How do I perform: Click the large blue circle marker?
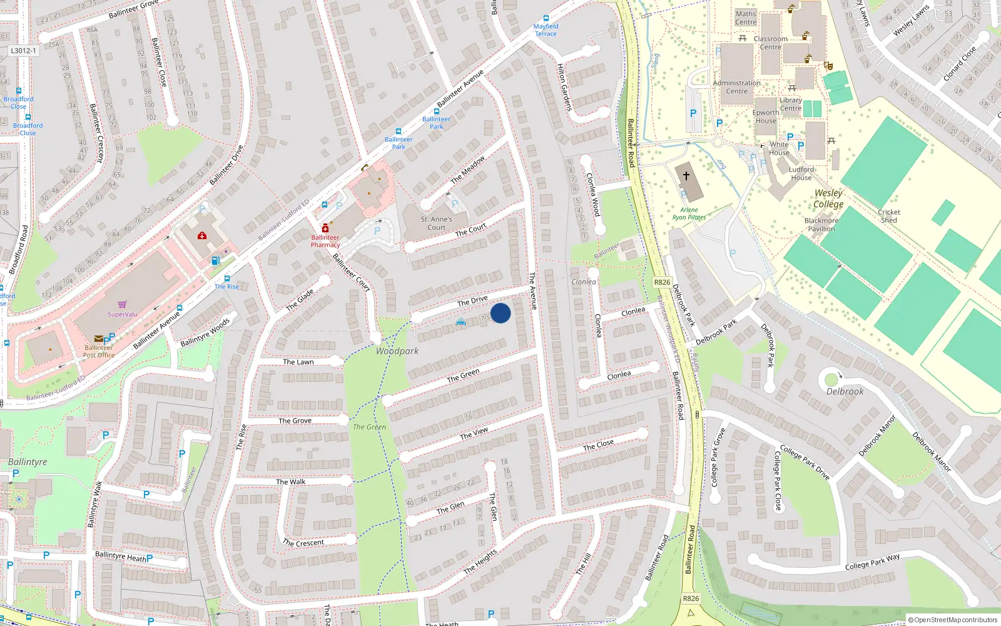[500, 313]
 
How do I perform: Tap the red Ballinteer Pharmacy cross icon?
[325, 228]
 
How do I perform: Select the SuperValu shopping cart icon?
[122, 305]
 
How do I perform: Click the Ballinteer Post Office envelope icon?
[99, 339]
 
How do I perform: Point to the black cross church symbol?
[686, 176]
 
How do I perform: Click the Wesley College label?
[828, 199]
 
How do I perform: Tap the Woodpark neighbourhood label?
[397, 351]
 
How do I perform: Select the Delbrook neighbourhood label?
[845, 391]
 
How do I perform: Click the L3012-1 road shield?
[24, 51]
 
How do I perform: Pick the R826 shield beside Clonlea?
[662, 282]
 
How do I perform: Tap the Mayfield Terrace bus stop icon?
[546, 19]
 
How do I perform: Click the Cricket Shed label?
[889, 216]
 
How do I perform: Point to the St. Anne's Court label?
[436, 223]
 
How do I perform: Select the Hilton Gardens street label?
[564, 88]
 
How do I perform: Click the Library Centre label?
[791, 104]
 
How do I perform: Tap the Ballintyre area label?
[28, 461]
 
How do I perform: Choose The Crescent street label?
[303, 543]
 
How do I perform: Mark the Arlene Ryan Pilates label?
[689, 213]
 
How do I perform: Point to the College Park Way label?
[872, 562]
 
